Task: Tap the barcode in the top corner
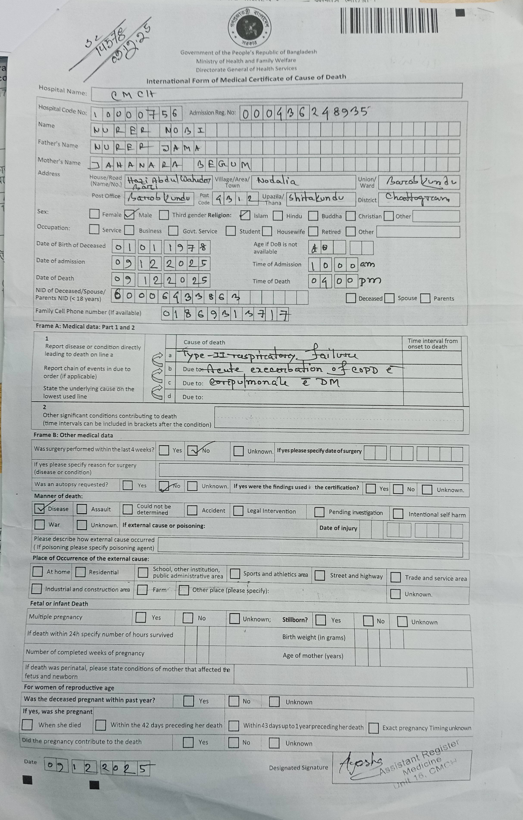[389, 20]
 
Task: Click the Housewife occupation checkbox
[267, 231]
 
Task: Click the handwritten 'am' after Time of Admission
[367, 264]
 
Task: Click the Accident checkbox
[192, 510]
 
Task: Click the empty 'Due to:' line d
[289, 397]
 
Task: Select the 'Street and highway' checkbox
[320, 575]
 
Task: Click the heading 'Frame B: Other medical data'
[73, 435]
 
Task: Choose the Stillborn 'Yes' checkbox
[320, 620]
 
